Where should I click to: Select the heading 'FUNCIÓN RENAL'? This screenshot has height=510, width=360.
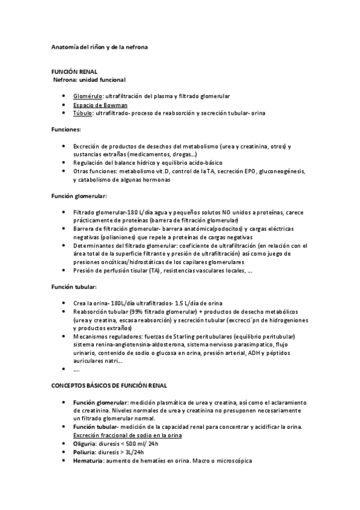[x=74, y=71]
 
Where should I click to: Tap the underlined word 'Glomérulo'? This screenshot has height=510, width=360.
[x=88, y=96]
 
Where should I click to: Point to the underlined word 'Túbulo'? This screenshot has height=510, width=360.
[x=83, y=112]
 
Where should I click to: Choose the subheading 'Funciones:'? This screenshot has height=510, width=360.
[x=67, y=129]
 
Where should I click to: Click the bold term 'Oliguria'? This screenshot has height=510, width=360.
[x=86, y=444]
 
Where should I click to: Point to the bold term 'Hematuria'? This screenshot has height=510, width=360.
[x=88, y=460]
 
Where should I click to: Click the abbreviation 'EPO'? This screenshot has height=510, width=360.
[x=250, y=171]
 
